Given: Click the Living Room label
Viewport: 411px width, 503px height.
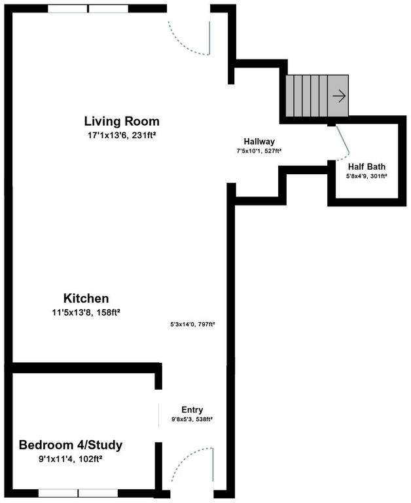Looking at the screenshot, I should [122, 121].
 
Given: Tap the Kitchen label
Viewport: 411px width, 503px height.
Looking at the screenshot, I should [86, 298].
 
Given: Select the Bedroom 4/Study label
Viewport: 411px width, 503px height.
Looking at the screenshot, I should [70, 445].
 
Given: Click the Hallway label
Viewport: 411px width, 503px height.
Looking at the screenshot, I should [259, 141].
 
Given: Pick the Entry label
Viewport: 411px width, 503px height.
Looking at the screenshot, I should [192, 410].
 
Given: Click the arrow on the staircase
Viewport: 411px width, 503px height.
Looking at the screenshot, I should [339, 96].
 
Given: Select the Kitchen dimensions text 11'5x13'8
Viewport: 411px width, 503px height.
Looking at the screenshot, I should [86, 312].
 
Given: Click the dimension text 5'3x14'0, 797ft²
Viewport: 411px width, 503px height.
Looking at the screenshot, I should [192, 324].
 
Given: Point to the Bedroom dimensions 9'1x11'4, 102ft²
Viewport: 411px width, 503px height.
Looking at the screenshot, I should [70, 459].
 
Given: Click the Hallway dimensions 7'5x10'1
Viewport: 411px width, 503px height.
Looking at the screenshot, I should [259, 151].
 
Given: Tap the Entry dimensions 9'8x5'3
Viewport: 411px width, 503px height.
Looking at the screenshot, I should [192, 419].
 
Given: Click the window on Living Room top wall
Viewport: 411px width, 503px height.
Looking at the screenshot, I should [88, 9].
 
